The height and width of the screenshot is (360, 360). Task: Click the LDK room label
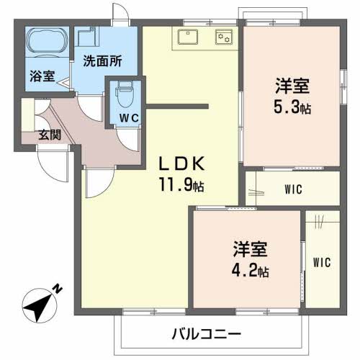pyautogui.click(x=179, y=163)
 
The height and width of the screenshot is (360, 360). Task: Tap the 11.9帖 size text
pyautogui.click(x=181, y=186)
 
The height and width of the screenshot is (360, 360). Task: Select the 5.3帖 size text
pyautogui.click(x=292, y=109)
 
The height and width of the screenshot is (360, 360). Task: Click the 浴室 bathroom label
pyautogui.click(x=41, y=76)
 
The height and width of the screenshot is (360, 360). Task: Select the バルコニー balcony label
pyautogui.click(x=207, y=333)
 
